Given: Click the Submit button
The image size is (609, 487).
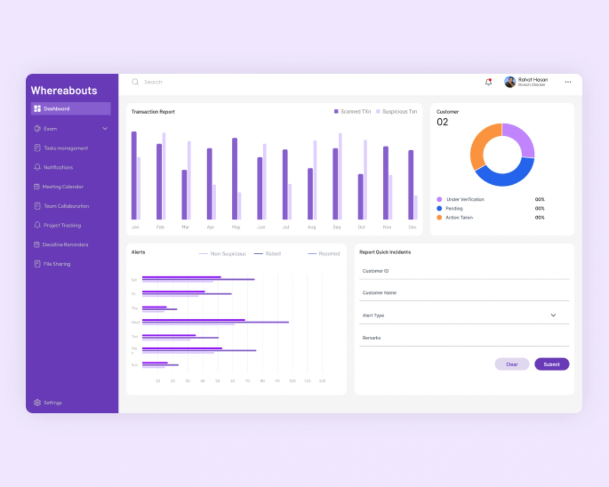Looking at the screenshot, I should (551, 364).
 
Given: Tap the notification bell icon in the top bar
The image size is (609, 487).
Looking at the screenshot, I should (488, 82).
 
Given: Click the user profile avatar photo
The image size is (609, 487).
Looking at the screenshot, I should (510, 82).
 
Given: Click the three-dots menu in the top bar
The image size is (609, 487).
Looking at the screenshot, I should (568, 82).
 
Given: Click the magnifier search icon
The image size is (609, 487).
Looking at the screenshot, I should (135, 82).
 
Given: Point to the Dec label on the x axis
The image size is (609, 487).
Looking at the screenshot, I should (412, 227).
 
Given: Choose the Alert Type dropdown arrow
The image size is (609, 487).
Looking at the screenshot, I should (553, 315).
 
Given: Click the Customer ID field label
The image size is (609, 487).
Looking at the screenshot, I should (375, 271).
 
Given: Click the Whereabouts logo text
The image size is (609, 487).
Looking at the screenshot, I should (64, 91).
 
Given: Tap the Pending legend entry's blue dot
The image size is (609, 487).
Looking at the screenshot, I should (439, 208).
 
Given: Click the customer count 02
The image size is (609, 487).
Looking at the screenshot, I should (442, 122).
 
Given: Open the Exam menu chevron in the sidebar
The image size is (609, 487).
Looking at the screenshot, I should (105, 129).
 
